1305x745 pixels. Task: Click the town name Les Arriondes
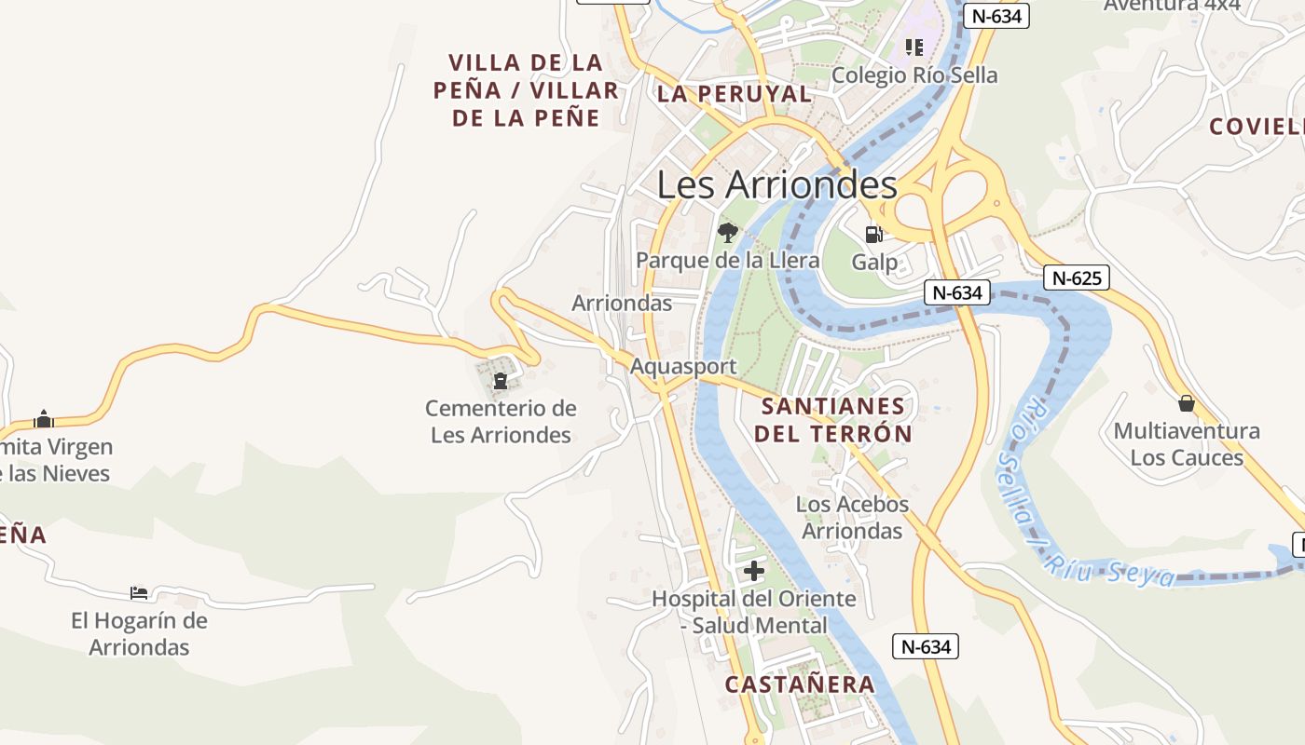coord(776,184)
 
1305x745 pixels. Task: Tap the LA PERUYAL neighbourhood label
coord(735,94)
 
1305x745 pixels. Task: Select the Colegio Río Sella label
coord(914,75)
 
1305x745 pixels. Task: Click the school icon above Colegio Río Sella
coord(913,47)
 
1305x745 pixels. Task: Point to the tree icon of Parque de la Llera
coord(727,232)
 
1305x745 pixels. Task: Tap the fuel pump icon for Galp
coord(873,234)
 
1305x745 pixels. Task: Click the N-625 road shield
coord(1076,278)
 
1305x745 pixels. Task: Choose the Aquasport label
coord(683,366)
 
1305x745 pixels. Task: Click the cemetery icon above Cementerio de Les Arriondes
coord(501,380)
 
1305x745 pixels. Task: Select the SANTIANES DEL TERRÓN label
coord(832,420)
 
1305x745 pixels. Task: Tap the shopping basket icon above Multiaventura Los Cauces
coord(1186,403)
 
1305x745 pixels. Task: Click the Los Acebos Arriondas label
coord(852,518)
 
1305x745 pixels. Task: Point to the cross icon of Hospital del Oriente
coord(754,571)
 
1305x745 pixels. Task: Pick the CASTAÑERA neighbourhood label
coord(800,684)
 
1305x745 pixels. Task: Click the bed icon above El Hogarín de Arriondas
coord(139,592)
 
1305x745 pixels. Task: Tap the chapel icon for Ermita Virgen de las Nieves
coord(44,419)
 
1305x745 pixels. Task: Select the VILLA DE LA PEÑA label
coord(526,90)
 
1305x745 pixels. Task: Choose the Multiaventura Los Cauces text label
coord(1187,444)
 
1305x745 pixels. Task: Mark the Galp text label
coord(874,263)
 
